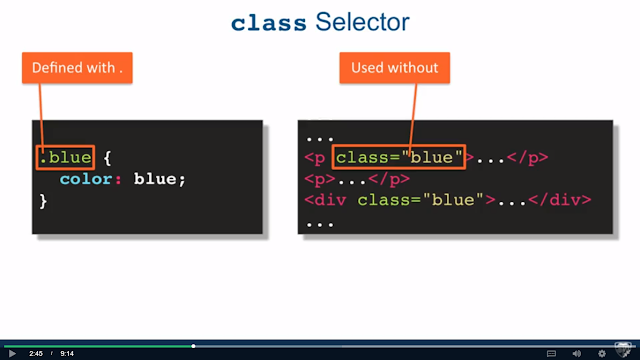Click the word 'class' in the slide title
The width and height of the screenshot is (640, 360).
269,23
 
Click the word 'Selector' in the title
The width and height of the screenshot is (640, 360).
362,22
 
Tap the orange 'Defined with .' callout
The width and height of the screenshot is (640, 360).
77,68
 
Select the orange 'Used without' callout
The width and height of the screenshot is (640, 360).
395,68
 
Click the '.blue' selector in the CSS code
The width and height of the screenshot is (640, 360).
65,158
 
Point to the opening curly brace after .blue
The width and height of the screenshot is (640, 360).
107,158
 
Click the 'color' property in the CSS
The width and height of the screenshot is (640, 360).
86,179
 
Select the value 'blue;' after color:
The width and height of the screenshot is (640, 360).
160,179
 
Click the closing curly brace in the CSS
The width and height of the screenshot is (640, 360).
43,201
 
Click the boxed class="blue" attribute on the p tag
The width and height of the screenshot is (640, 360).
399,157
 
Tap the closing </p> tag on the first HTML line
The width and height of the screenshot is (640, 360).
527,158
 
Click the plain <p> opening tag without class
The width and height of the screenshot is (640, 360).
320,179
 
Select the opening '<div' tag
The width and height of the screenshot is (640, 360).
325,200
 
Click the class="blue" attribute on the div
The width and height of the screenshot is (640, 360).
420,200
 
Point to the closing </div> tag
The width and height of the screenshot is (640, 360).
560,200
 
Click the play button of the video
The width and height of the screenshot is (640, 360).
12,353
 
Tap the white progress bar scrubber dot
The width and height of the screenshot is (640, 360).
193,346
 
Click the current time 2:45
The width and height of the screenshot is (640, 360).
36,353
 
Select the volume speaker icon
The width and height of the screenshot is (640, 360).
577,353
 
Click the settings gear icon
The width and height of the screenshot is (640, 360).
602,353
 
